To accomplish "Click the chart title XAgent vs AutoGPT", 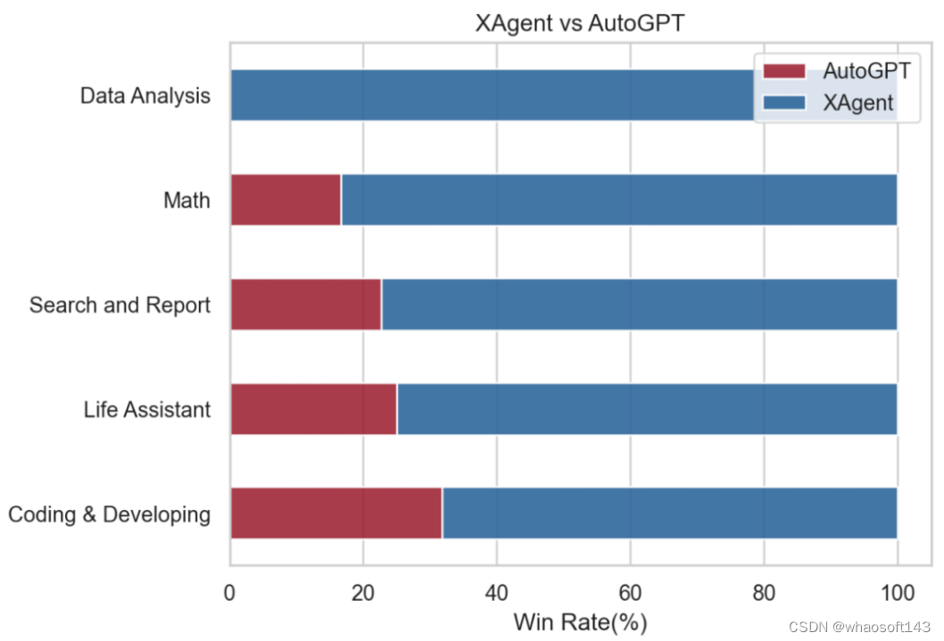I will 580,24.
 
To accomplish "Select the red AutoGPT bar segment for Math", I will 286,200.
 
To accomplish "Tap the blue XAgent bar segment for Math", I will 618,200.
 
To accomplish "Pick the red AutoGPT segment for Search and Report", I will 305,305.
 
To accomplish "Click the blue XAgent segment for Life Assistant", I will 646,409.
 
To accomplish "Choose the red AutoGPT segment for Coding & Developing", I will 335,514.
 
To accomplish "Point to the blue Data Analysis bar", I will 491,95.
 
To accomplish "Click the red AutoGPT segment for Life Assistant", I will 313,409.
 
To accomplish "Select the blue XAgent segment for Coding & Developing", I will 669,514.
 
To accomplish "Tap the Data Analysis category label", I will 145,95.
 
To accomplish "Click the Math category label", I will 186,200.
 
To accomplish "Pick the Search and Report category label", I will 120,305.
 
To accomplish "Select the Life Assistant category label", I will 147,409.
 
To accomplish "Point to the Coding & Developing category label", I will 109,514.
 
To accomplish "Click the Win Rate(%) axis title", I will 580,621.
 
